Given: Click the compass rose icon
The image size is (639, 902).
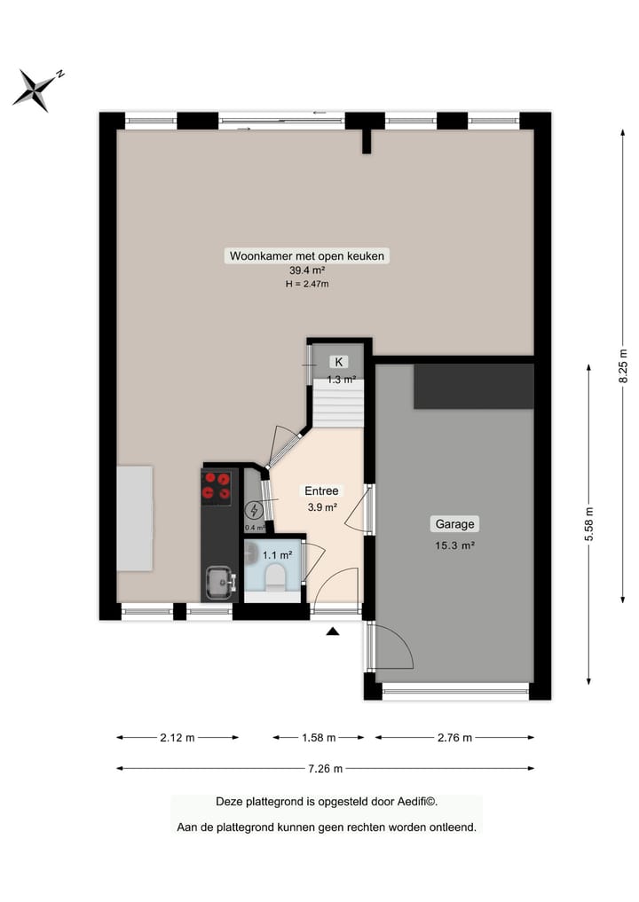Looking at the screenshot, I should point(36,90).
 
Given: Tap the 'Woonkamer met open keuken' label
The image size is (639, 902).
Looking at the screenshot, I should point(307,256).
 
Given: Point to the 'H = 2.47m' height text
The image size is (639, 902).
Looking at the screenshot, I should point(307,284).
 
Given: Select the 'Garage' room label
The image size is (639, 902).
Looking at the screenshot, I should point(454,523).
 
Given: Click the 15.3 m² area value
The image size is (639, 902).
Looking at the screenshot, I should point(454,545).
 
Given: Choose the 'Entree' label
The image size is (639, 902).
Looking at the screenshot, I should point(321,490).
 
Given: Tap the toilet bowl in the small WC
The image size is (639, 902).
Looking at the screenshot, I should point(275,579).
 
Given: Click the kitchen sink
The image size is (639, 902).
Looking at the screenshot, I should point(217,583).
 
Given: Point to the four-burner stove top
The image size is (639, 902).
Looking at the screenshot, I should point(217,486).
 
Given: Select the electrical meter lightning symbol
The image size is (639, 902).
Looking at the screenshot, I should point(254,510).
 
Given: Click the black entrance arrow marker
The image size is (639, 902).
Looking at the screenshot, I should point(333,631).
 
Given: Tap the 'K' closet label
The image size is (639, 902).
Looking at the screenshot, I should point(338,362).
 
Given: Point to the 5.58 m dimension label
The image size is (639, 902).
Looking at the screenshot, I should point(589,529).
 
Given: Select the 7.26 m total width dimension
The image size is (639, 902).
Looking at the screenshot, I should point(325,768).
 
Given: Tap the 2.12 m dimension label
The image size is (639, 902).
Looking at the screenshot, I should point(177,737).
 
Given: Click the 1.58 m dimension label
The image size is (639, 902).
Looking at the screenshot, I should point(319,737).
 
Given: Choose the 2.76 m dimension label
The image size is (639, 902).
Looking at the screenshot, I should point(454,737).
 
